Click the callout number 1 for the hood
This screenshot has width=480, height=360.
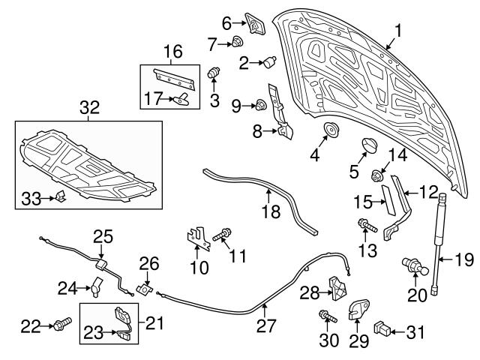click(398, 31)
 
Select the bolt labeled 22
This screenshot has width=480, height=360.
click(59, 325)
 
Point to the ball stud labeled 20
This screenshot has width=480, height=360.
click(410, 266)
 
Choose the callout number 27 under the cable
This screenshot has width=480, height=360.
click(266, 326)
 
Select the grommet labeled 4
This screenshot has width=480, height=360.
click(329, 132)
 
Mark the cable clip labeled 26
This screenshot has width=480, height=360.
click(145, 289)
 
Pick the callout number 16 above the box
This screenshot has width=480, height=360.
click(172, 52)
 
